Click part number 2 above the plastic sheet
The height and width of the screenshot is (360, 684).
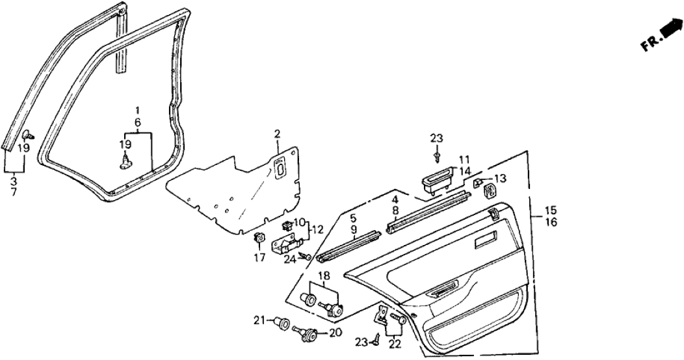[x=277, y=135]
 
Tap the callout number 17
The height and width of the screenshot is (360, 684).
[x=259, y=259]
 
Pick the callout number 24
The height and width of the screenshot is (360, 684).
[x=289, y=259]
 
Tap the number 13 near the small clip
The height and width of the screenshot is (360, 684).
[x=499, y=179]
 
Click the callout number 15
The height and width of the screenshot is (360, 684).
[x=550, y=211]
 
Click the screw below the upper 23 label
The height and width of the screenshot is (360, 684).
[x=438, y=157]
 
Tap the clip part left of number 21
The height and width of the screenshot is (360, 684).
[x=283, y=321]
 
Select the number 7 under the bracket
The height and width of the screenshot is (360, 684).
[x=13, y=194]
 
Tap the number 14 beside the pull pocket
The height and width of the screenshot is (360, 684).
[x=464, y=172]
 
